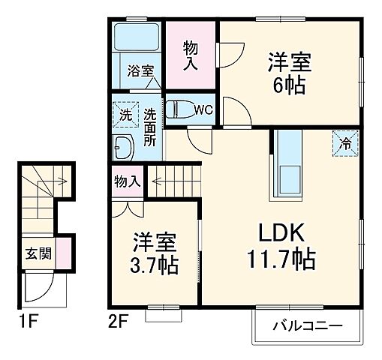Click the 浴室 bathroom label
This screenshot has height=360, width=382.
point(141,71)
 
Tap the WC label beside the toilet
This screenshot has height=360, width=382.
point(203,109)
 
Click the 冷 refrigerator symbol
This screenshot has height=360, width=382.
point(345,140)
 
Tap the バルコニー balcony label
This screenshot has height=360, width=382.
point(307,326)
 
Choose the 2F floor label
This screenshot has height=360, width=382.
point(118,324)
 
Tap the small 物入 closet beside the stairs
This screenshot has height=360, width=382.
point(127,181)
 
